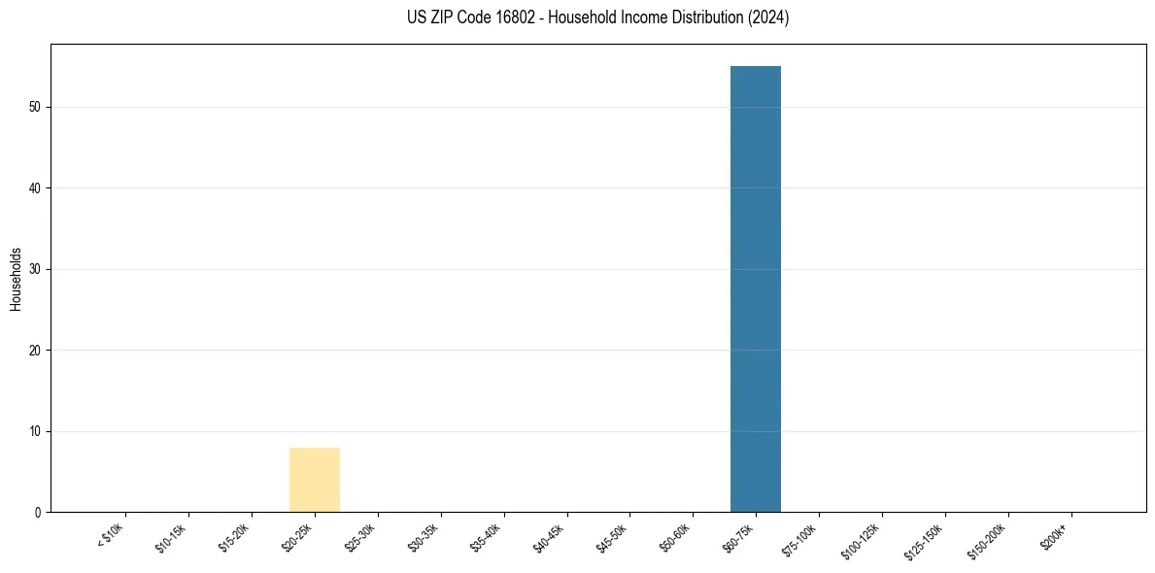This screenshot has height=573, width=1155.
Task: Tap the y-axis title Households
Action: pos(17,278)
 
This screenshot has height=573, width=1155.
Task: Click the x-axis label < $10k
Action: pos(111,536)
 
